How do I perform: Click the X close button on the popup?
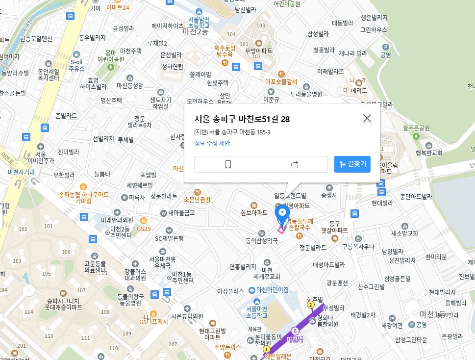point(367,118)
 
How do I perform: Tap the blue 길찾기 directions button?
point(352,164)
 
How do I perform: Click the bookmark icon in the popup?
point(227,165)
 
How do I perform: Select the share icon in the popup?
point(294,165)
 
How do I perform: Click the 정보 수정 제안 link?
point(212,143)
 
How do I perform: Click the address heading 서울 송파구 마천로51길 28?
point(242,119)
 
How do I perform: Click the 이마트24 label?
point(118,7)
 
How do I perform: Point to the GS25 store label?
point(144,229)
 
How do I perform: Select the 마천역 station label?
point(296,338)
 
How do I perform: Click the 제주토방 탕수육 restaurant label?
point(225,51)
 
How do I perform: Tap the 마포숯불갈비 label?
point(281,81)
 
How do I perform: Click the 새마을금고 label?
point(181,213)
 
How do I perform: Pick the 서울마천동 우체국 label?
point(162,262)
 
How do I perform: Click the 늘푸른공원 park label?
point(416,128)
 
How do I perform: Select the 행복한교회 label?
point(429,153)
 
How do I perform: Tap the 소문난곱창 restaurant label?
point(197,199)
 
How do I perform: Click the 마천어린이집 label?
point(272,290)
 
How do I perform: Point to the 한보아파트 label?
point(254,212)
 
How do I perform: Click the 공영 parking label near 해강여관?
point(421,325)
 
